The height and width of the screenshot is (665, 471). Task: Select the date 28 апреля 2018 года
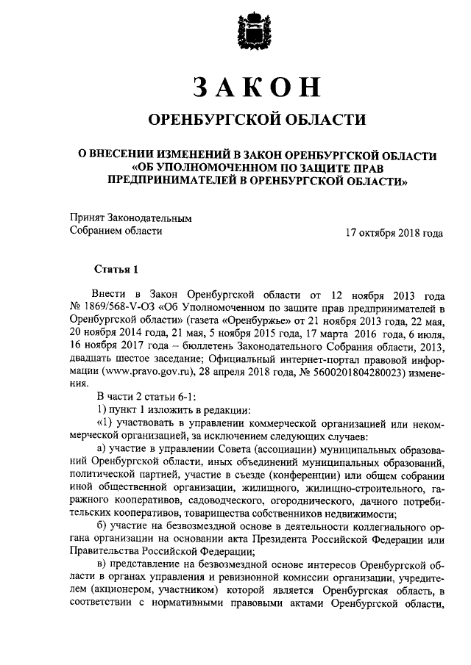click(x=255, y=372)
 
